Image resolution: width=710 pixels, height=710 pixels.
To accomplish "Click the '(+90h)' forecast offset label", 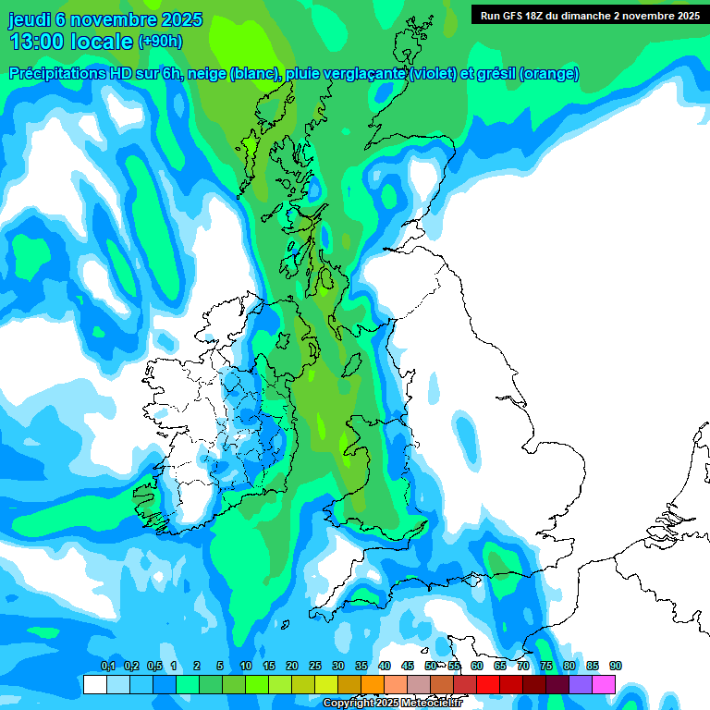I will [x=160, y=42].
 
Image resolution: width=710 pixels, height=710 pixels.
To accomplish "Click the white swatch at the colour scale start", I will [x=94, y=684].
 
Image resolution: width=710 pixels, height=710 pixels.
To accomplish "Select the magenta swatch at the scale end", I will [x=604, y=684].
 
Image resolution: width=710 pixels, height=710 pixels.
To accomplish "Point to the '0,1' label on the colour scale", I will [x=107, y=667].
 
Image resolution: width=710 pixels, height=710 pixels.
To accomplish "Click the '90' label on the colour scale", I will [x=616, y=667].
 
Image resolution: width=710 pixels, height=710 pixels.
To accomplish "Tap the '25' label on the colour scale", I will [x=315, y=667].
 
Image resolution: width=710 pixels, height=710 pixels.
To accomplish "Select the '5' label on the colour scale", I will [x=220, y=667].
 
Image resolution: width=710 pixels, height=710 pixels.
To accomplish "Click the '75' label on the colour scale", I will [x=546, y=667].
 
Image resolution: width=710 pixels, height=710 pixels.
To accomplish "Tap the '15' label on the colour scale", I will [x=269, y=667].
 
